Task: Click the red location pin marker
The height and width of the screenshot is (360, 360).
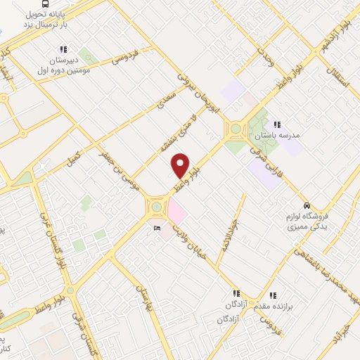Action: (181, 165)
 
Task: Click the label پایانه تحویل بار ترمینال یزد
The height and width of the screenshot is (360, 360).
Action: (46, 19)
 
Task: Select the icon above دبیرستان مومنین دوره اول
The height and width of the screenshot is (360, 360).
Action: (63, 49)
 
